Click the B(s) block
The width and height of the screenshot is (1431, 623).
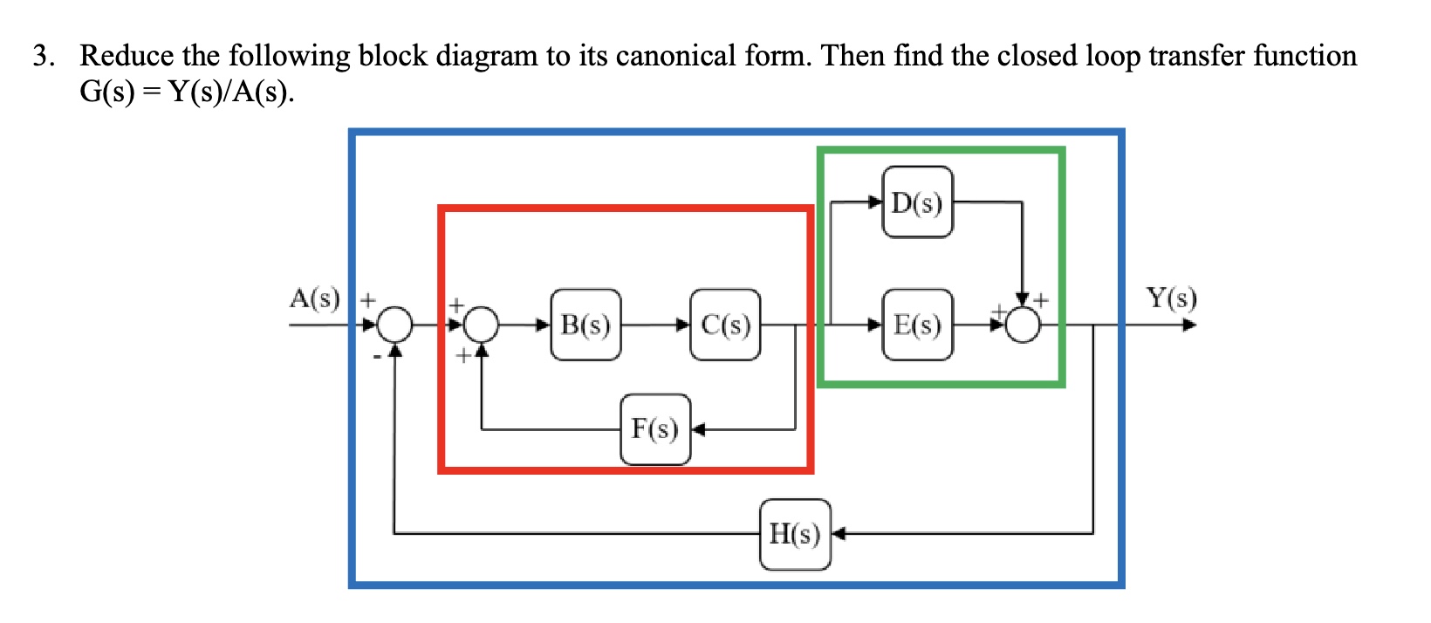pyautogui.click(x=585, y=325)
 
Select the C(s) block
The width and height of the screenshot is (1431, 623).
pyautogui.click(x=725, y=325)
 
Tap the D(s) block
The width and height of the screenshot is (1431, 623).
pyautogui.click(x=917, y=202)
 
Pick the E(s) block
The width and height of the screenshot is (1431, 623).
pyautogui.click(x=917, y=325)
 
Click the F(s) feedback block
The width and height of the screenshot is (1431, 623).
pyautogui.click(x=655, y=429)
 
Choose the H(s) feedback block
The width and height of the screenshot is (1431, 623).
pyautogui.click(x=795, y=534)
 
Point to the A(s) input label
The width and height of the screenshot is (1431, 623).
pyautogui.click(x=314, y=298)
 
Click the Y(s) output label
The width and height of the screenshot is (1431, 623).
pyautogui.click(x=1171, y=298)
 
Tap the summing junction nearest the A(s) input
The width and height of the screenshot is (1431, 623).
pyautogui.click(x=395, y=325)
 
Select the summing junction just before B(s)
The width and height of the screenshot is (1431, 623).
pyautogui.click(x=481, y=325)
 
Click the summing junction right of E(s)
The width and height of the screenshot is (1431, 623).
pyautogui.click(x=1023, y=325)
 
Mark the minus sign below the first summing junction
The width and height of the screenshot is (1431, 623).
pyautogui.click(x=377, y=355)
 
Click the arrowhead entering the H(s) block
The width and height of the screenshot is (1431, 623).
pyautogui.click(x=839, y=534)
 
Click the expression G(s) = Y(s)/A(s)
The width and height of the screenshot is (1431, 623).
pyautogui.click(x=187, y=91)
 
